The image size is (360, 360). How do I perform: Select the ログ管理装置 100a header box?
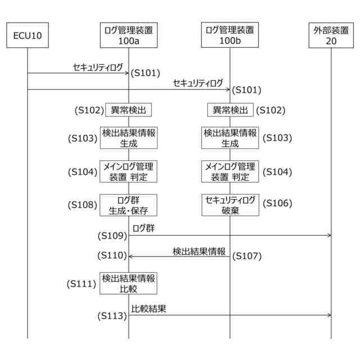tap(128, 35)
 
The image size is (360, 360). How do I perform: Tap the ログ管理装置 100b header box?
tap(229, 35)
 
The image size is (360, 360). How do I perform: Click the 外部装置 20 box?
tap(331, 35)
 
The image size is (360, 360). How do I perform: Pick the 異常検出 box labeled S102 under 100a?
tap(129, 110)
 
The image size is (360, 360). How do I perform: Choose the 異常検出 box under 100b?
tap(230, 110)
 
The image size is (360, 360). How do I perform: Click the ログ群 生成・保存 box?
tap(129, 205)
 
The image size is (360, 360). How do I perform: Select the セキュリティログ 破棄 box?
tap(230, 205)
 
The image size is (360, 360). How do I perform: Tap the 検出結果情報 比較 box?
tap(129, 283)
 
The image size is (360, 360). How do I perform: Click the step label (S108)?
tap(83, 205)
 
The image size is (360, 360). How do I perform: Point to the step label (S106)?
tap(277, 202)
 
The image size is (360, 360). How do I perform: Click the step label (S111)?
tap(82, 284)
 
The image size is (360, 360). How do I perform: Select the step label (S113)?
tap(112, 316)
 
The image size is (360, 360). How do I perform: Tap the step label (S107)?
tap(247, 256)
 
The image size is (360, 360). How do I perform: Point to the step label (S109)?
tap(112, 235)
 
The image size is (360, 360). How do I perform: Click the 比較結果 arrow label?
tap(148, 308)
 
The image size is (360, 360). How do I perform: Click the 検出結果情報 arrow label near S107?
tap(199, 251)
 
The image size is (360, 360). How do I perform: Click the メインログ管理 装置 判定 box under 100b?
tap(230, 171)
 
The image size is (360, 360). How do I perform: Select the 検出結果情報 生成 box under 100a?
tap(129, 137)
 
